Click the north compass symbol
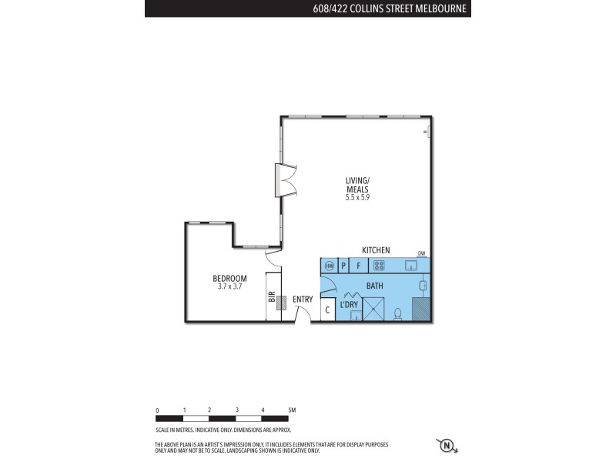coord(446,445)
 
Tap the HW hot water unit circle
coord(329,266)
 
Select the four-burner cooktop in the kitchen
coord(379,266)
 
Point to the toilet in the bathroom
coord(397,313)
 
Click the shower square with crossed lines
coord(374,310)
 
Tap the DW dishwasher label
coord(421,253)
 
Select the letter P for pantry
coord(343,266)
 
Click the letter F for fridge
coord(358,266)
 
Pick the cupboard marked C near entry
coord(327,310)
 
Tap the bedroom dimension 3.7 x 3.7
coord(229,286)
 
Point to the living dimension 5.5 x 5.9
coord(357,197)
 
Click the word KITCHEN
coord(376,250)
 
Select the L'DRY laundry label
coord(349,305)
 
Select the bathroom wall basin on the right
coord(423,286)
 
